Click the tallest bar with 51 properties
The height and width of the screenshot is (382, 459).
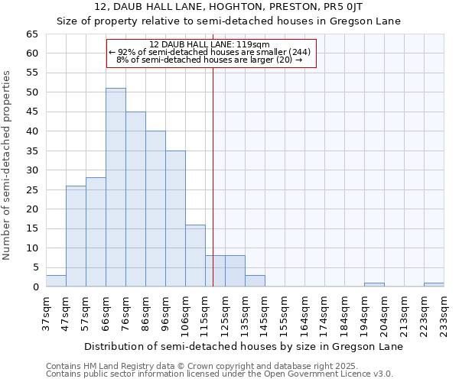pyautogui.click(x=116, y=187)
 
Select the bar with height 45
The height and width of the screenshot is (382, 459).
pyautogui.click(x=135, y=199)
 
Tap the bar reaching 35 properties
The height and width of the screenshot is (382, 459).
pyautogui.click(x=175, y=219)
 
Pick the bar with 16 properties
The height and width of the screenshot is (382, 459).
pyautogui.click(x=195, y=255)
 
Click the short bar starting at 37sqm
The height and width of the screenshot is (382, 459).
pyautogui.click(x=56, y=280)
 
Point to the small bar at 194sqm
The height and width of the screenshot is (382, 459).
pyautogui.click(x=374, y=285)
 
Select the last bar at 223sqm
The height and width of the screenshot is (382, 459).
pyautogui.click(x=434, y=285)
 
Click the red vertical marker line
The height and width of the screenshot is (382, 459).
pyautogui.click(x=213, y=176)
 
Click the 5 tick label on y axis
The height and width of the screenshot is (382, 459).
pyautogui.click(x=35, y=267)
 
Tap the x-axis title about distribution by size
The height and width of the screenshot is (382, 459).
pyautogui.click(x=243, y=346)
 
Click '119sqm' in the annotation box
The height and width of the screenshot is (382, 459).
pyautogui.click(x=253, y=44)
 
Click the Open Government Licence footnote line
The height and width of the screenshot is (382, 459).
pyautogui.click(x=219, y=374)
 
